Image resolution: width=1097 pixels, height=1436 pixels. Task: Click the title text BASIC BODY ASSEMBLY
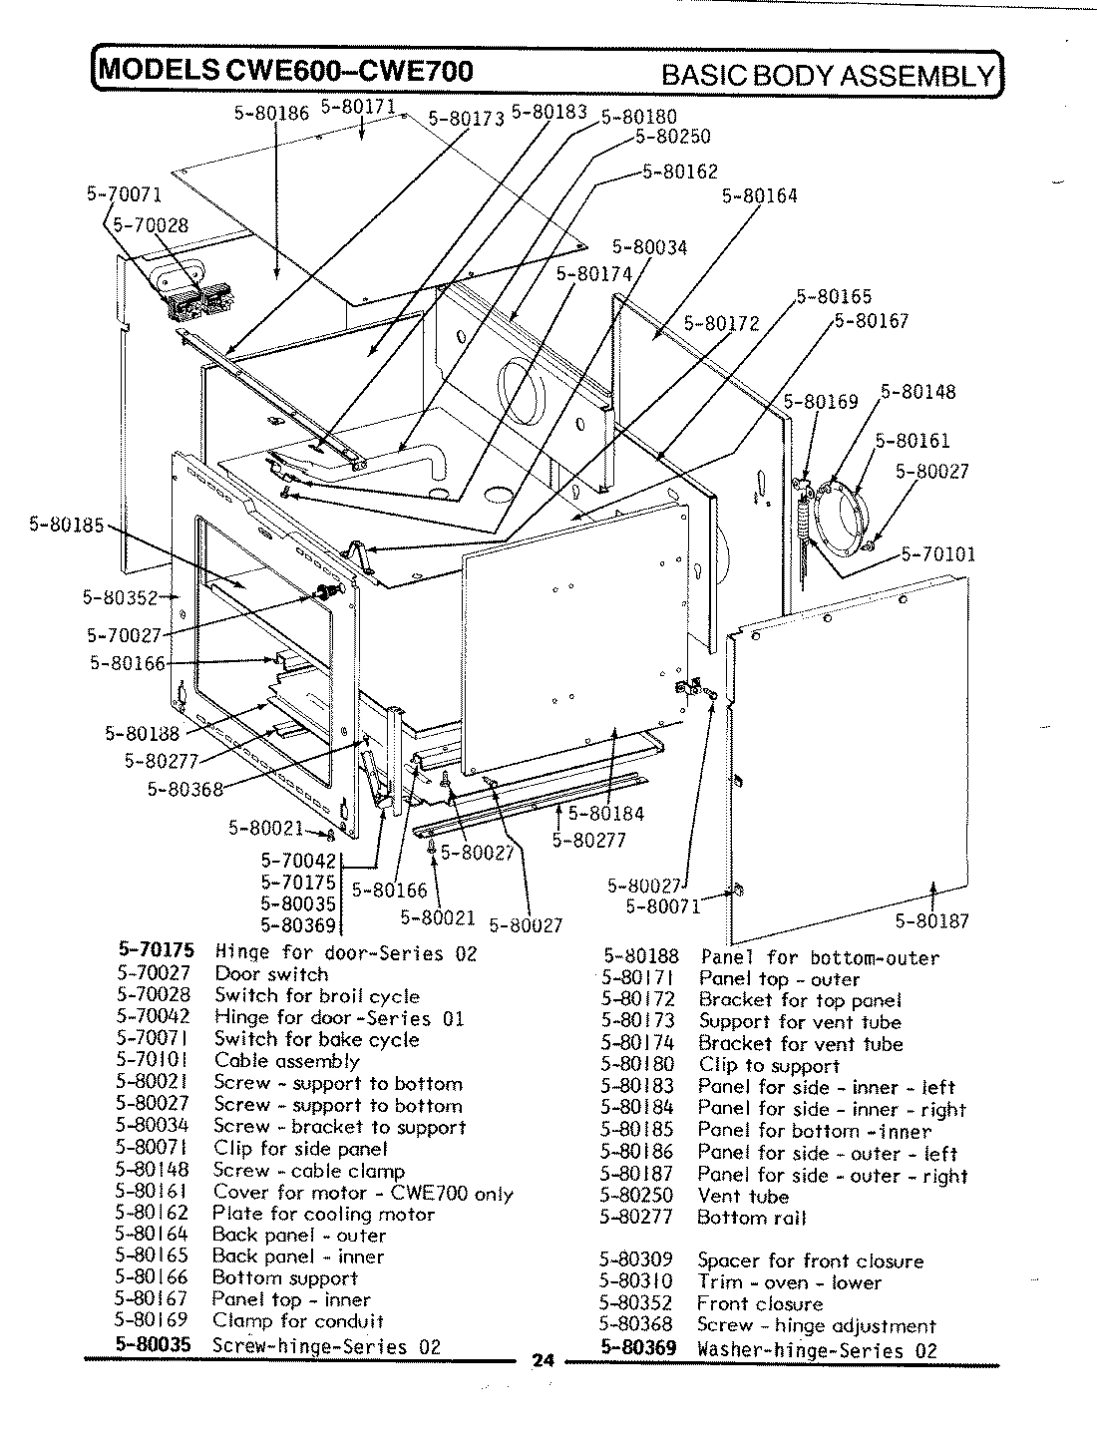(828, 75)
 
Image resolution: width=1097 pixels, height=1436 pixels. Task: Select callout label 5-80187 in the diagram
(930, 920)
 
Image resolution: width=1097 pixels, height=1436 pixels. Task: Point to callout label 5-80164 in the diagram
(759, 196)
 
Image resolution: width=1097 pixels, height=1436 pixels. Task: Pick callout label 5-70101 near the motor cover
(937, 554)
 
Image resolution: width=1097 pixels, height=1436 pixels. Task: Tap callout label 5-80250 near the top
(671, 137)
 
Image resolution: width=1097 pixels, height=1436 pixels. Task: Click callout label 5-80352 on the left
(120, 598)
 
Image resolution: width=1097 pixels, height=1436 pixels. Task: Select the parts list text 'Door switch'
(271, 974)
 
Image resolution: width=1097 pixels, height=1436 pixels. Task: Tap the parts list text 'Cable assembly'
(286, 1061)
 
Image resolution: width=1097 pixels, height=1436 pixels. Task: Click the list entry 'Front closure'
(760, 1303)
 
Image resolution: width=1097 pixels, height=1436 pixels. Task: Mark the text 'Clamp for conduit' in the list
(298, 1321)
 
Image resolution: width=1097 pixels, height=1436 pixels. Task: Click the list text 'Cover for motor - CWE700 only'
(363, 1193)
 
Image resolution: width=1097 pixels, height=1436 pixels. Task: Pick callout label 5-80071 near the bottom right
(662, 905)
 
